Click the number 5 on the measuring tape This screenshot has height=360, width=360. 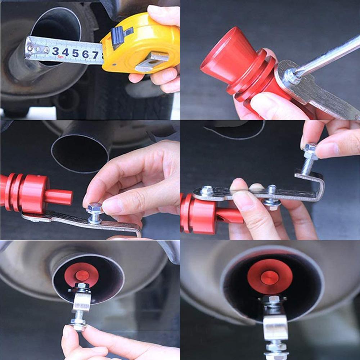point(75,53)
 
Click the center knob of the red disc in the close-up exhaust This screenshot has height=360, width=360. point(269,277)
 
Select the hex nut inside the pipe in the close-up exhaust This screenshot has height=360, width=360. point(272,300)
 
